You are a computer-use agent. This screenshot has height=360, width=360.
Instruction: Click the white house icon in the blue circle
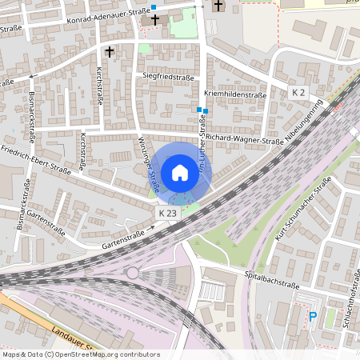pyautogui.click(x=180, y=173)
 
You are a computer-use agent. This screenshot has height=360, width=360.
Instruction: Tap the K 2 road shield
pyautogui.click(x=298, y=93)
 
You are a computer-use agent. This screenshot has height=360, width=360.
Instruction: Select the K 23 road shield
pyautogui.click(x=167, y=214)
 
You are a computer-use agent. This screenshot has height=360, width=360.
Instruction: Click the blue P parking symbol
pyautogui.click(x=313, y=317)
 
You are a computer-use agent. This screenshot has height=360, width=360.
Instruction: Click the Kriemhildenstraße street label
pyautogui.click(x=234, y=94)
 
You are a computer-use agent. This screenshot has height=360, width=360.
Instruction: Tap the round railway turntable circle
pyautogui.click(x=133, y=274)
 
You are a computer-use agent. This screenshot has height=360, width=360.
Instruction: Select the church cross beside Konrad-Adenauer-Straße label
pyautogui.click(x=155, y=18)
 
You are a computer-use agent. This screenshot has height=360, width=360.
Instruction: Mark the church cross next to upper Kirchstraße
pyautogui.click(x=109, y=50)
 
